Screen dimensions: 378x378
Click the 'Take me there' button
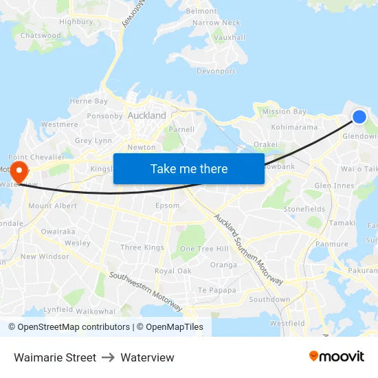click(x=189, y=168)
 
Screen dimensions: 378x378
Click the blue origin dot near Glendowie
click(x=359, y=117)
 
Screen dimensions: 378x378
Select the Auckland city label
click(x=147, y=115)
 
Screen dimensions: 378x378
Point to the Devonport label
click(x=216, y=71)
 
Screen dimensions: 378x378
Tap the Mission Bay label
click(x=284, y=111)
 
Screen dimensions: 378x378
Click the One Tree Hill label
click(x=204, y=249)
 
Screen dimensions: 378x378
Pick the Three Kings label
click(x=142, y=247)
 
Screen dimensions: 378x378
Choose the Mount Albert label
click(x=53, y=206)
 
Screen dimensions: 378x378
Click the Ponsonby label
click(x=104, y=116)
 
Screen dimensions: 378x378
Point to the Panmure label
click(x=332, y=244)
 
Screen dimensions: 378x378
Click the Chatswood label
click(x=41, y=35)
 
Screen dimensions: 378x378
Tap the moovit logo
click(x=337, y=357)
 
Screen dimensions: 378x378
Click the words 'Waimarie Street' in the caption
click(x=55, y=357)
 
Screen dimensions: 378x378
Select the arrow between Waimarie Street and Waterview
click(x=108, y=357)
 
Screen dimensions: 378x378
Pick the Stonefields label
click(x=304, y=208)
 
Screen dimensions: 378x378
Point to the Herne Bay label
click(x=89, y=101)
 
